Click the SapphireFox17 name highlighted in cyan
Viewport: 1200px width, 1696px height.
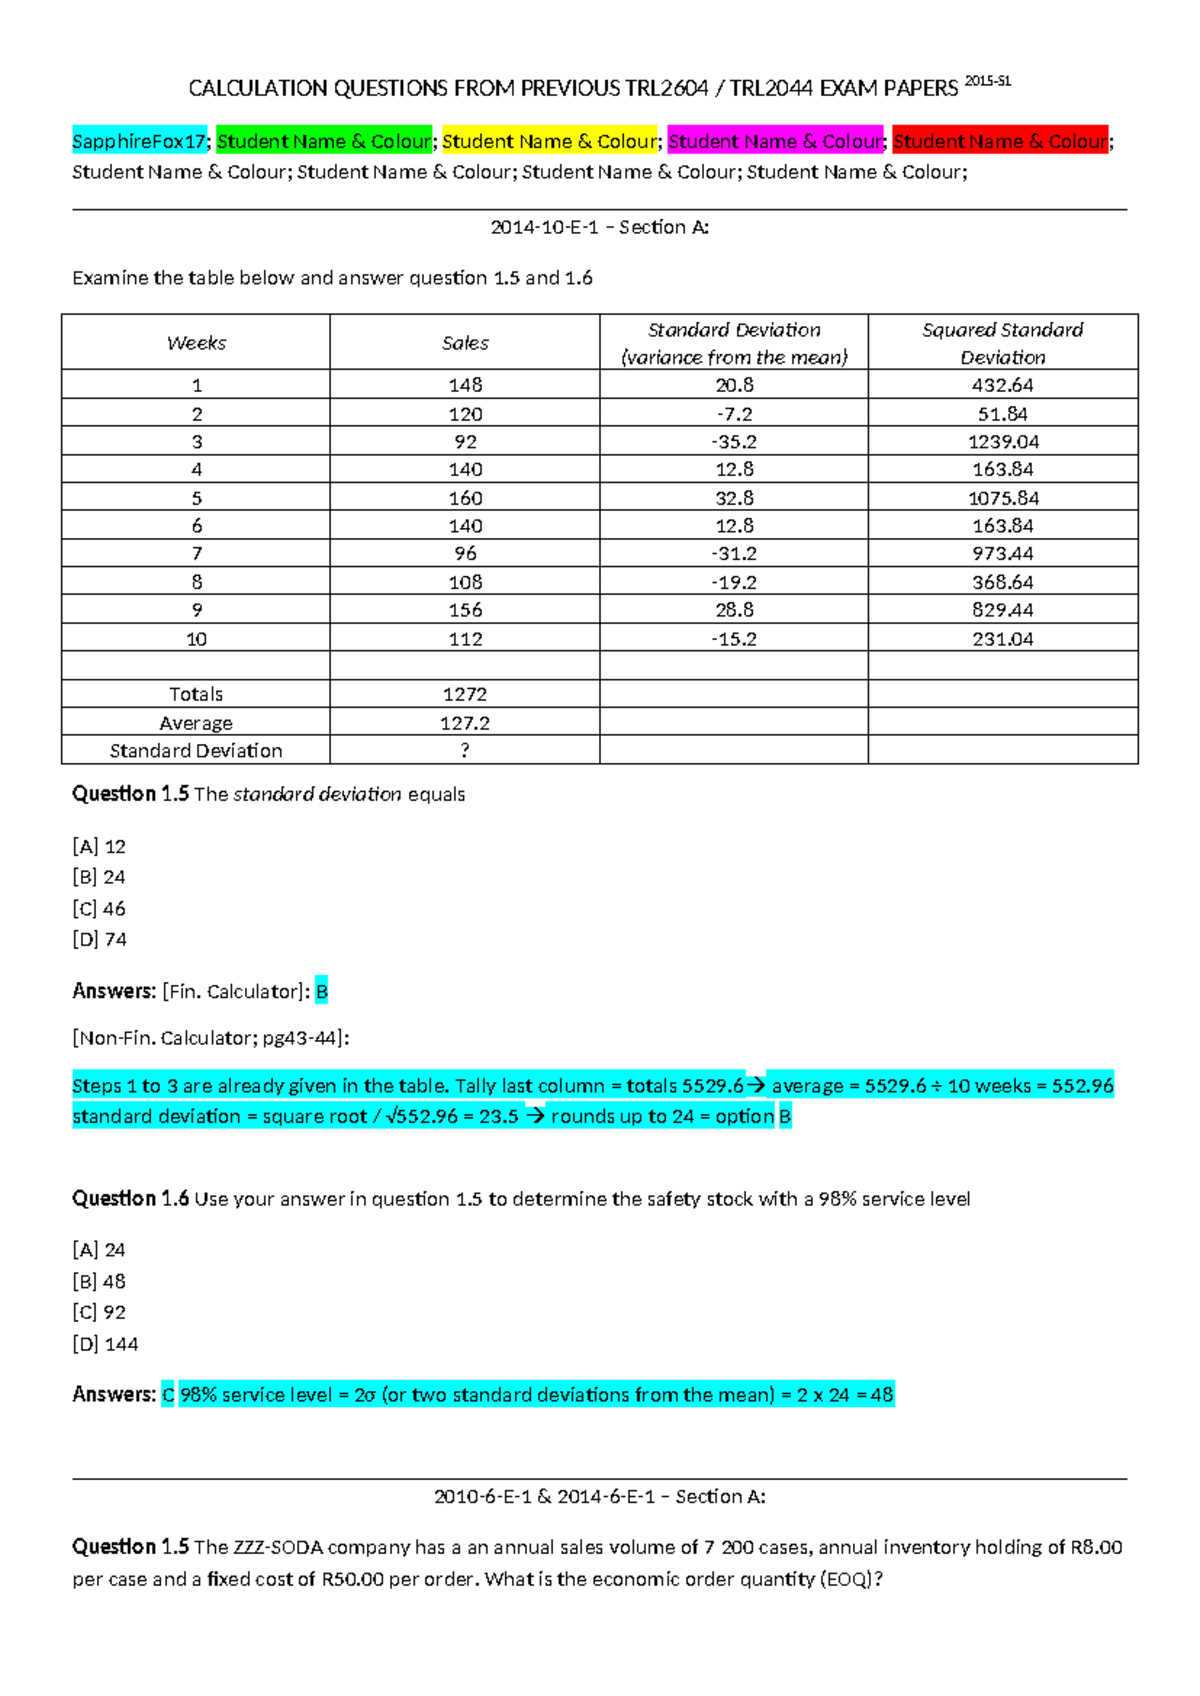[139, 141]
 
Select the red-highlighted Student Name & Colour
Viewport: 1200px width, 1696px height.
[1000, 141]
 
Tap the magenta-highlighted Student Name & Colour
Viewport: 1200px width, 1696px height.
[775, 141]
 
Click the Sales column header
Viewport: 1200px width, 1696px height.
[465, 343]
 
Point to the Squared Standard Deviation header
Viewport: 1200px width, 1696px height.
[1002, 343]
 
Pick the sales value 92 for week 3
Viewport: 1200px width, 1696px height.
[465, 441]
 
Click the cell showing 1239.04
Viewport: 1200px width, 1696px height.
[1002, 441]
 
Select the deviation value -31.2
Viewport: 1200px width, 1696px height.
[734, 553]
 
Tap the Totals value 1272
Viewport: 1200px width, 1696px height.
[465, 694]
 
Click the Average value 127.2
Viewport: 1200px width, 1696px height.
[465, 722]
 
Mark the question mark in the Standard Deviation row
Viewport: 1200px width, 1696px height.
[465, 750]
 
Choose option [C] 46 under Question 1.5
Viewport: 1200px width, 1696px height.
[99, 908]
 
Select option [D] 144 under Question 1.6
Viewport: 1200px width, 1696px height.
[105, 1344]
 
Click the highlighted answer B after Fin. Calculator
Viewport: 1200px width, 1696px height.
[321, 991]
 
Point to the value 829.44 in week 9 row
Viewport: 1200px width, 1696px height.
[1002, 610]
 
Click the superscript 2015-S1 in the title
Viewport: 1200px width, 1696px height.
[988, 81]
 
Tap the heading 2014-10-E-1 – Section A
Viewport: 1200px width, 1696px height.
[599, 227]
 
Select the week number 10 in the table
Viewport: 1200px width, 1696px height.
[196, 638]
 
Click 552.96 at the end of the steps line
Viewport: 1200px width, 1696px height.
[1082, 1085]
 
